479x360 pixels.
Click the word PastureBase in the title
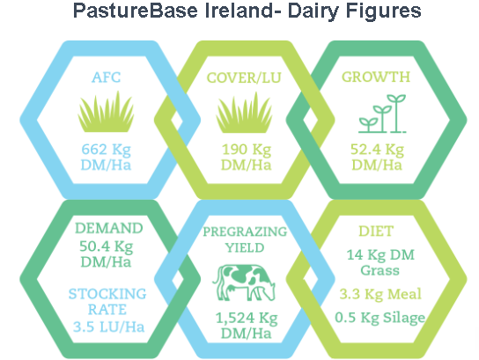click(x=136, y=11)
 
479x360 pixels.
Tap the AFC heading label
click(x=106, y=77)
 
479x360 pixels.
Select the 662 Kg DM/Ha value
click(x=106, y=158)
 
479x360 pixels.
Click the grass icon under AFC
click(x=106, y=112)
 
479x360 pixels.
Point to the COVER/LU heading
click(x=244, y=77)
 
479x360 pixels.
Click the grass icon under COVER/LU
click(x=244, y=113)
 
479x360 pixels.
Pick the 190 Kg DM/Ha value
click(x=247, y=158)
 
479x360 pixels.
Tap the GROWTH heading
click(x=376, y=77)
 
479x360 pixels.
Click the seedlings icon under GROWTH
click(x=382, y=114)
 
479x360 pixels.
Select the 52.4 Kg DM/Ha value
click(x=377, y=158)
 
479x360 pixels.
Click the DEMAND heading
click(x=109, y=228)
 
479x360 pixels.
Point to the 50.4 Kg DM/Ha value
click(x=106, y=254)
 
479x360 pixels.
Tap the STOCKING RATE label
click(x=107, y=302)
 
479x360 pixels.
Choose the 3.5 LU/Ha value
click(x=108, y=327)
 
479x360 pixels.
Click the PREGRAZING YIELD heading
click(x=245, y=239)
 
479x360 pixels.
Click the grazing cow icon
click(x=244, y=283)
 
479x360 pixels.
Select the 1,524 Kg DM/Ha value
click(x=247, y=326)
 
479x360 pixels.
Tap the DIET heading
click(x=376, y=231)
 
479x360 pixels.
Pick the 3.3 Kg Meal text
click(x=380, y=294)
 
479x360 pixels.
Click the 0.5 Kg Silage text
click(x=380, y=318)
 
